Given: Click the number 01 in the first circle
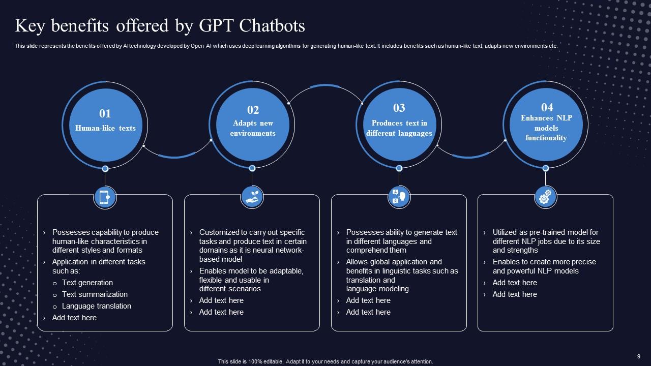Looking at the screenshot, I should pos(105,113).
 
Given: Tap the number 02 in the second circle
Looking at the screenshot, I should pos(253,110).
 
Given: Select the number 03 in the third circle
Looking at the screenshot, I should pos(399,108).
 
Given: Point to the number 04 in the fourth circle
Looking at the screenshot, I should pos(547,107).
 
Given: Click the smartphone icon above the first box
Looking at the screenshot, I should pos(105,197).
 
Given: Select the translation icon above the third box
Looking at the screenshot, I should pos(399,197).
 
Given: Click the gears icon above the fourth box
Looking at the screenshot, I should pos(545,197).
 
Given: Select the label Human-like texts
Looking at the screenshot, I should pos(105,128).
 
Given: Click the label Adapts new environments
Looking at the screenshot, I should pos(253,128).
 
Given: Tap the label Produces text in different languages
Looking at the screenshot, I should pos(399,128).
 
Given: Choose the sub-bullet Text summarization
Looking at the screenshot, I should pos(95,294).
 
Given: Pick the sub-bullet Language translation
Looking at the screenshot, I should pos(97,306).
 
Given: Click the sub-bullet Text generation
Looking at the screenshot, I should pos(87,283).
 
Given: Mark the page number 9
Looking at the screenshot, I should pos(638,356).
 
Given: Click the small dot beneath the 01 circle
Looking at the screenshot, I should pos(105,169).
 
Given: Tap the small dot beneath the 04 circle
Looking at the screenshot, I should pos(545,168).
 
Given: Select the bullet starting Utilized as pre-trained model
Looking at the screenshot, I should pos(546,241).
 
